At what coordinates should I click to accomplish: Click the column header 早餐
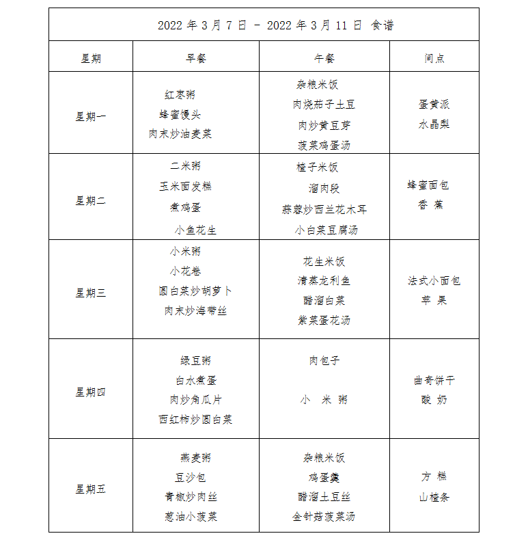196,59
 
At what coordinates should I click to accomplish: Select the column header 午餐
324,59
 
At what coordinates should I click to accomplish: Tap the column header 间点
434,59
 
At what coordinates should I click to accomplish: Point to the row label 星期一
91,116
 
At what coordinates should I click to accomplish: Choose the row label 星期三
91,293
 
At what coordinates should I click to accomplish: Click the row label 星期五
91,489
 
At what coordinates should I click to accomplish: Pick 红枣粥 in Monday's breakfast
180,95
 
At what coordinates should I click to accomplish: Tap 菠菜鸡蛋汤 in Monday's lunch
324,145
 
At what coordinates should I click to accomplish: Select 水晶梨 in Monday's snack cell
434,124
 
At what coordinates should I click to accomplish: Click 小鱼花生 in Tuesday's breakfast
196,230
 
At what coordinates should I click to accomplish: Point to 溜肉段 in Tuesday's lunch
324,189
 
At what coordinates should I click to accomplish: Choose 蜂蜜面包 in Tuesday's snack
429,185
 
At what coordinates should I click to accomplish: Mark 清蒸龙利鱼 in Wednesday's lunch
324,280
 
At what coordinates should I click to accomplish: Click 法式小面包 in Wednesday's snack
434,280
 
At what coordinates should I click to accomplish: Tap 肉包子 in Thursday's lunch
324,360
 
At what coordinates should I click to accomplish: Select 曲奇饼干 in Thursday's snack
434,380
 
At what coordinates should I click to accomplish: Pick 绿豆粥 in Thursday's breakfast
196,360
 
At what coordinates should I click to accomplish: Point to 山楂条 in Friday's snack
434,497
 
